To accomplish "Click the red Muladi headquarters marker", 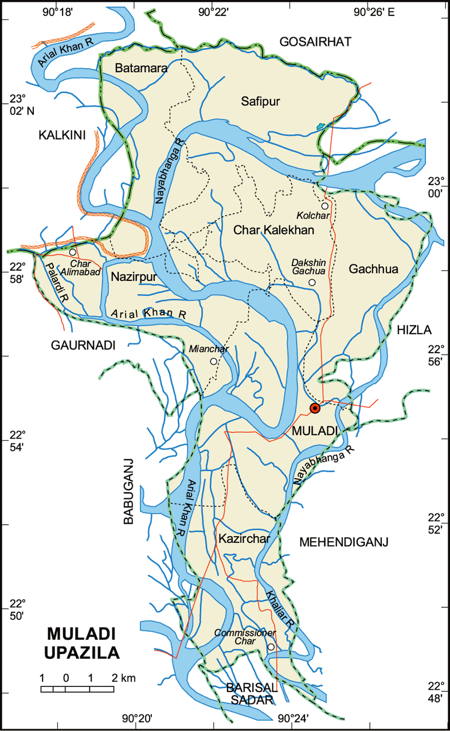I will [314, 408].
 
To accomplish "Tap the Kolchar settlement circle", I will [324, 206].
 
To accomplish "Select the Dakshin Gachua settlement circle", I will [312, 283].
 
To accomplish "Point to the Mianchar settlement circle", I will [213, 361].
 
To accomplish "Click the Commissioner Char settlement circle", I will [271, 647].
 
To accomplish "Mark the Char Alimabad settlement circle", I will [73, 252].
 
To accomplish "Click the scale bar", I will [77, 689].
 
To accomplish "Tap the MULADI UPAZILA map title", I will [84, 643].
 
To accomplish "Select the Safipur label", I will [260, 102].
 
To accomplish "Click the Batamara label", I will [141, 68].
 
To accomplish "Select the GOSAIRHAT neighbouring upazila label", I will [314, 41].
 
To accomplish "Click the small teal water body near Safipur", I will [320, 126].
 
